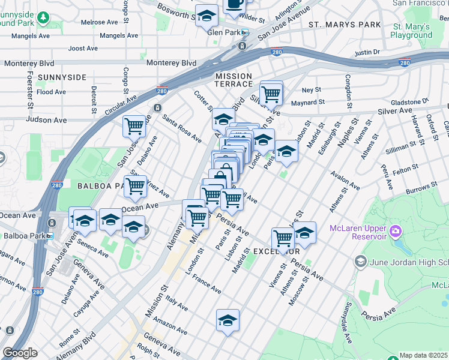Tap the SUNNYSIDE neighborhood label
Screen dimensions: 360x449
click(x=62, y=77)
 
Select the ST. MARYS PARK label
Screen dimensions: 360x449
click(x=345, y=25)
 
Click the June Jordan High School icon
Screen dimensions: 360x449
click(x=360, y=260)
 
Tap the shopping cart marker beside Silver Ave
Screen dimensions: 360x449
click(x=271, y=93)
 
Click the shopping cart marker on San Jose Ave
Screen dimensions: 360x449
click(x=134, y=127)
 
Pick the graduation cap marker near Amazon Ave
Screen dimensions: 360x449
click(x=228, y=320)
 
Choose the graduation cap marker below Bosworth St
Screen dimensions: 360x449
click(x=207, y=16)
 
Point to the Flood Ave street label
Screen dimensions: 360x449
click(x=51, y=92)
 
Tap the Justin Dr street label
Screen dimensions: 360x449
click(x=367, y=53)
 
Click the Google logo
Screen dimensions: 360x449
click(x=20, y=353)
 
